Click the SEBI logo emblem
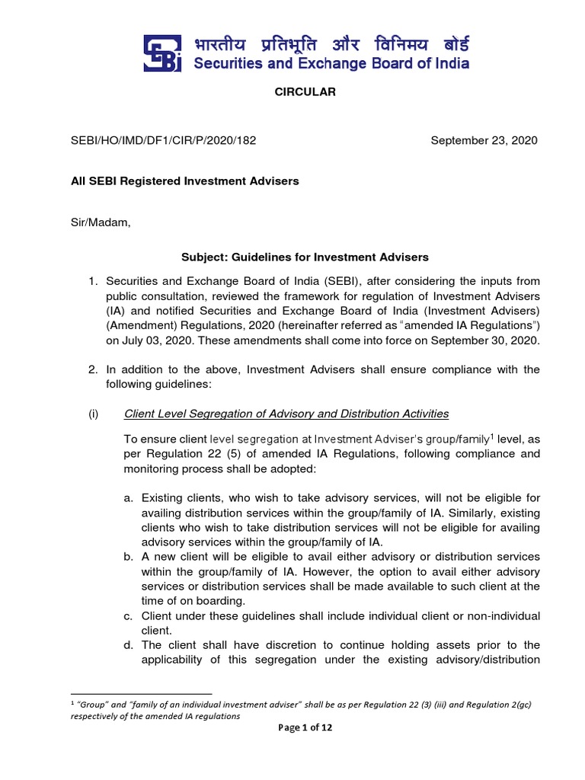pos(163,53)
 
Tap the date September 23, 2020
pos(484,140)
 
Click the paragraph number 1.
pos(92,281)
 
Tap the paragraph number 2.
pos(92,369)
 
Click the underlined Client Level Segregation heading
pos(286,414)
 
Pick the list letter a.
pos(128,498)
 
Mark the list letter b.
pos(128,557)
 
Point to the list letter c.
pos(128,615)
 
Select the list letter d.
pos(128,644)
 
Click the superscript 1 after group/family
pos(492,436)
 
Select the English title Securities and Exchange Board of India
pos(331,63)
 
